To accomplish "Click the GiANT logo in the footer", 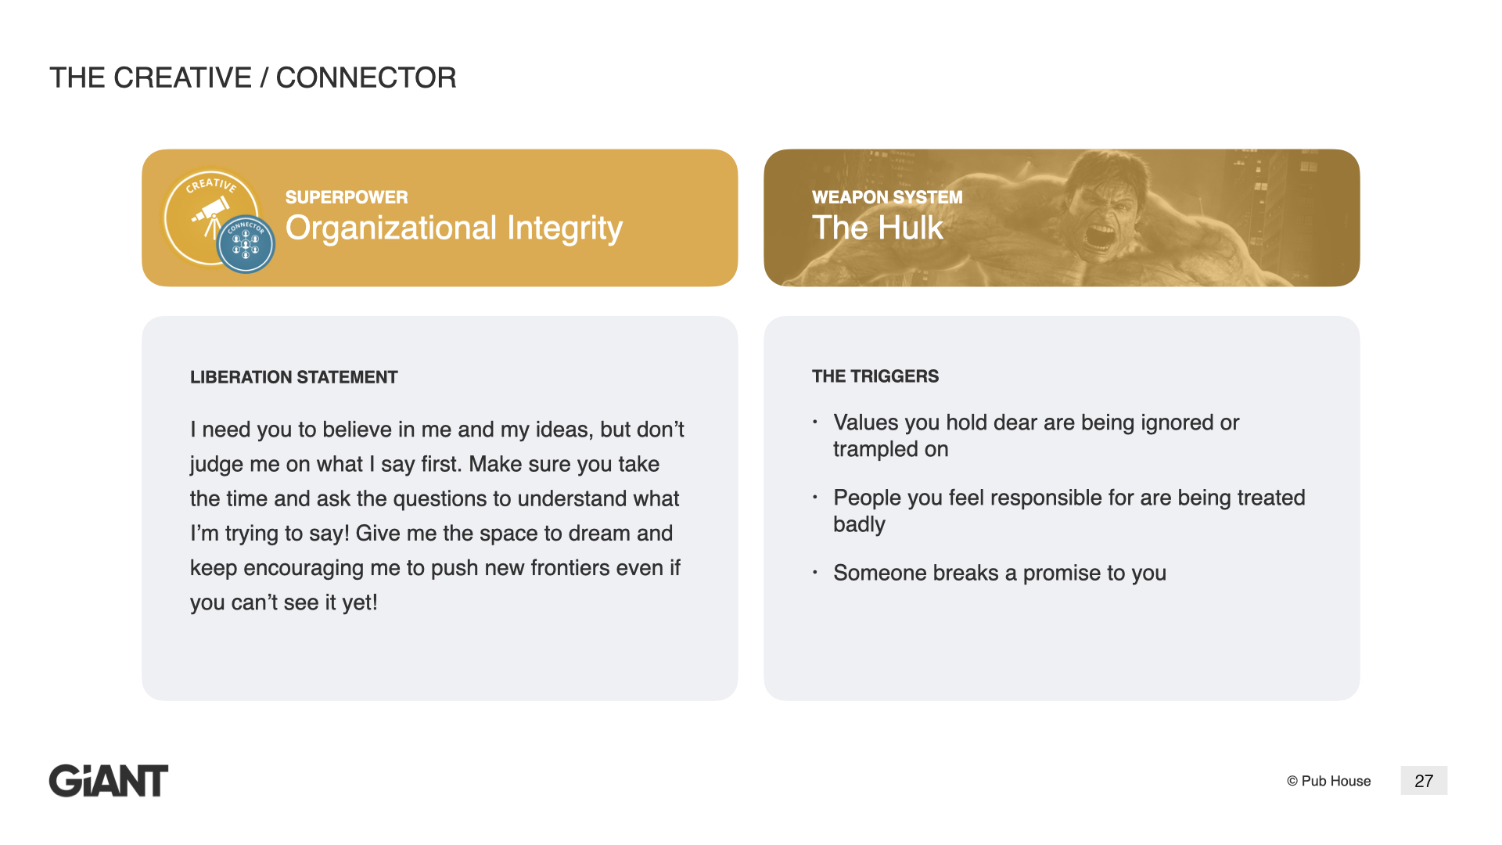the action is [109, 781].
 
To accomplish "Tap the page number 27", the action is [1424, 781].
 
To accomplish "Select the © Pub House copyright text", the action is [1328, 781].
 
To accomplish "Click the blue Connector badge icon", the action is [246, 244].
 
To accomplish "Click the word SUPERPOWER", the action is [347, 197].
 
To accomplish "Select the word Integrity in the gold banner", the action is [565, 228].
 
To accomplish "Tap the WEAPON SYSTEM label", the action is [887, 197].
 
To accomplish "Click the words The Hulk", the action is [878, 228].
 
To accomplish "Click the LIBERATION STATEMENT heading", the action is [294, 377].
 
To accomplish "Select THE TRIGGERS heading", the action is [875, 376].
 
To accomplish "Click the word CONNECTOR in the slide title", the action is [366, 77].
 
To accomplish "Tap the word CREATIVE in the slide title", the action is [183, 77].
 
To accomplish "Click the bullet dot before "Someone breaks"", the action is [815, 573].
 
